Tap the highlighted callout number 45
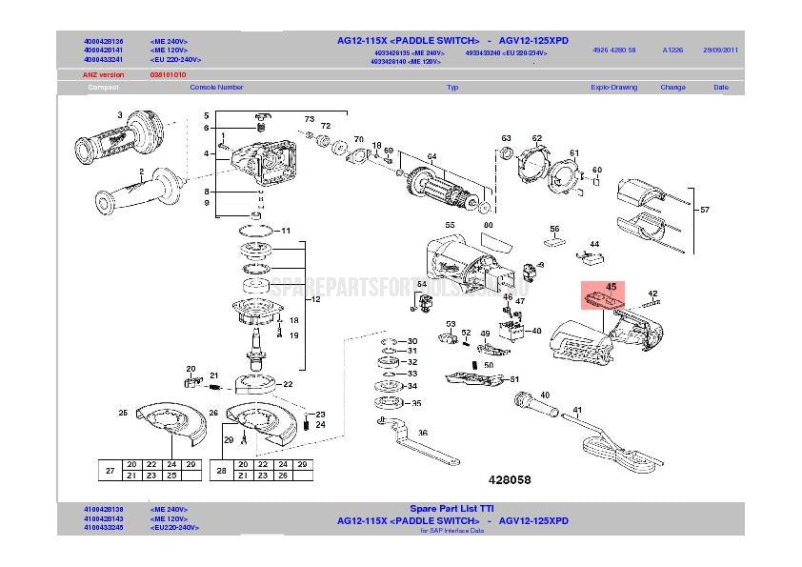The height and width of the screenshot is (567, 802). (612, 286)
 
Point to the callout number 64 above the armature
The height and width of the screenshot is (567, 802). (431, 157)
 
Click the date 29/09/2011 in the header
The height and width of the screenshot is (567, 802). (720, 50)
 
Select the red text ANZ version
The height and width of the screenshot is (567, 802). (104, 74)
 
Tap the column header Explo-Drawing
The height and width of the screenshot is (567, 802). (613, 87)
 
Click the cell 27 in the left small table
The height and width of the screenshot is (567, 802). (110, 470)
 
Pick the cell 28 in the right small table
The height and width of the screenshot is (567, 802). (221, 470)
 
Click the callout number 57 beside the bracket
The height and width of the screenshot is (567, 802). (705, 209)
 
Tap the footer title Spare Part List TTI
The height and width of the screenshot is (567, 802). (451, 509)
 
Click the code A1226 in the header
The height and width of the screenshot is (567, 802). (672, 50)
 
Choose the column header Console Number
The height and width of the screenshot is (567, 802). (216, 87)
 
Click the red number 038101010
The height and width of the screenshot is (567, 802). (168, 74)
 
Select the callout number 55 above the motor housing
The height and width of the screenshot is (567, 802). (450, 224)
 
